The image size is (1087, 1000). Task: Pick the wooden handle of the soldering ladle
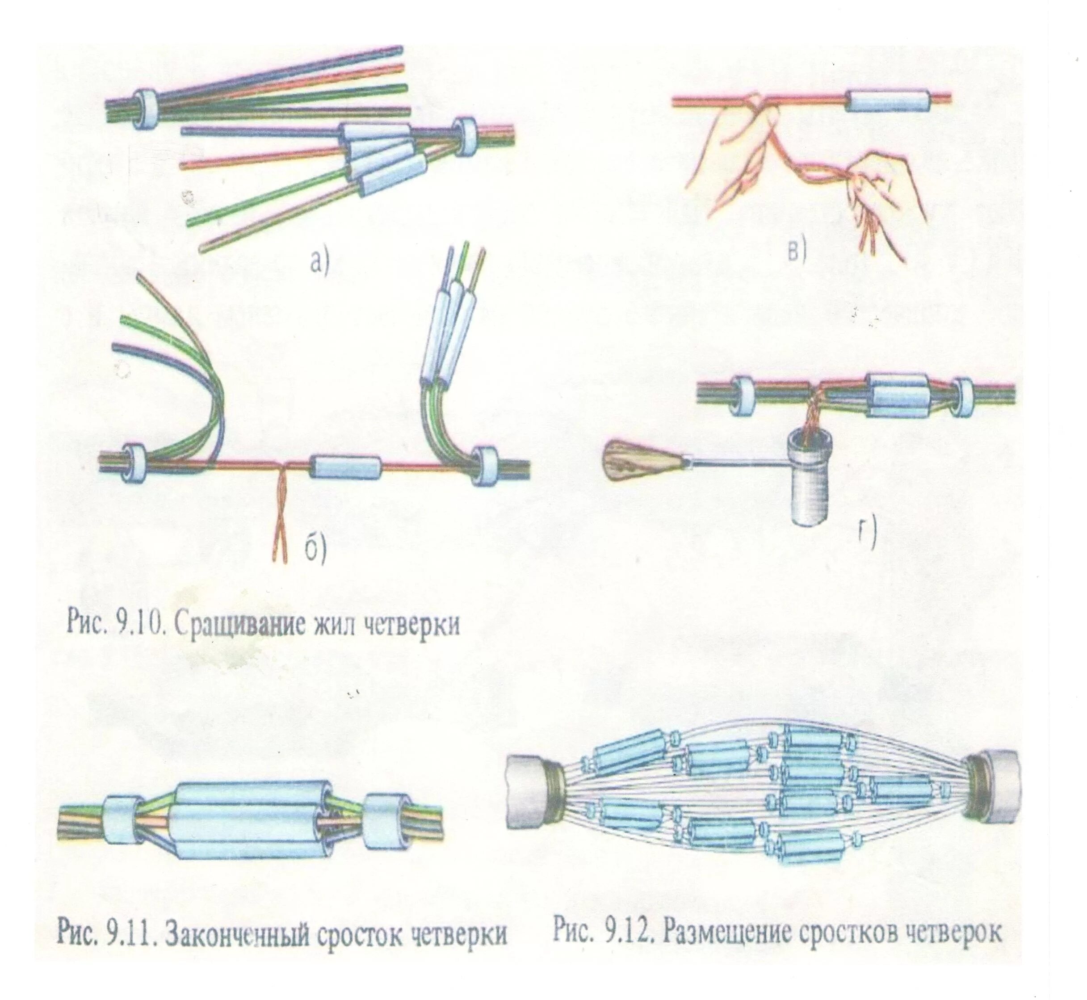point(640,462)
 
